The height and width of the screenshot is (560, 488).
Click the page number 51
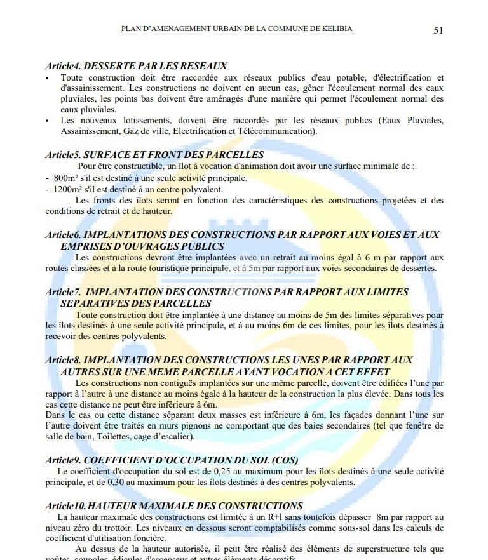[x=438, y=30]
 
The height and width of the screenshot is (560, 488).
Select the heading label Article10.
[x=65, y=506]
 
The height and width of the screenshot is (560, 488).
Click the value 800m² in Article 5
[x=65, y=178]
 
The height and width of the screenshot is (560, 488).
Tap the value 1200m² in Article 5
[x=68, y=189]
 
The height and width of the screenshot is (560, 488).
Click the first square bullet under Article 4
[x=47, y=77]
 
